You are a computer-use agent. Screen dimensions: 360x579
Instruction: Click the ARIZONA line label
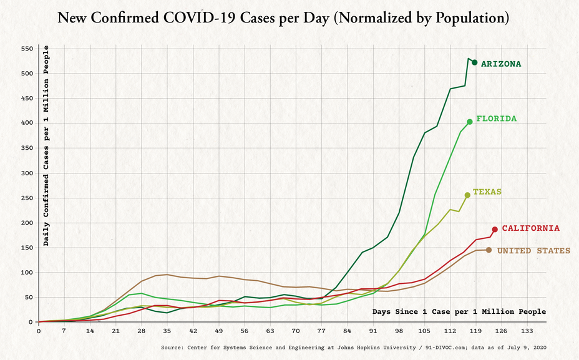click(x=500, y=64)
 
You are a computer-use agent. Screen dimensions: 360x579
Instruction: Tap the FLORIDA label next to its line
click(x=496, y=118)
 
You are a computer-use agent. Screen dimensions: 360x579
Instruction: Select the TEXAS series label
click(x=487, y=192)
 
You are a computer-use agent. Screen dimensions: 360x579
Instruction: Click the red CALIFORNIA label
click(x=530, y=228)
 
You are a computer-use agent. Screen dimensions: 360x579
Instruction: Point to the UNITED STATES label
click(x=533, y=251)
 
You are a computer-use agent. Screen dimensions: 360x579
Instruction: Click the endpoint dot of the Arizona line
click(x=475, y=62)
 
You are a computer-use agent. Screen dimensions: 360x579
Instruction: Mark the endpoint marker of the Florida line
click(x=470, y=122)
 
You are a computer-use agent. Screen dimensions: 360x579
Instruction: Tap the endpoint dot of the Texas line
click(x=467, y=195)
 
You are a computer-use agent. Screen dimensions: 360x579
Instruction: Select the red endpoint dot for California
click(x=495, y=230)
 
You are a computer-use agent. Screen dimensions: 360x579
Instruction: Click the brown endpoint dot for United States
click(x=489, y=250)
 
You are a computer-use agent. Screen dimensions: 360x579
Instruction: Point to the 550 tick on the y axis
click(x=27, y=49)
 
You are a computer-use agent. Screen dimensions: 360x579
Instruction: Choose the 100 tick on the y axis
click(x=27, y=273)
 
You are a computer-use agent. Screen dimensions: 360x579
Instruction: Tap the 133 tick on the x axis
click(x=527, y=331)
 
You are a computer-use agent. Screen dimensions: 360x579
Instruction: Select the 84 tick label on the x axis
click(x=348, y=331)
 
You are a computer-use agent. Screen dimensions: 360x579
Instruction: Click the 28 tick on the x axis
click(x=142, y=331)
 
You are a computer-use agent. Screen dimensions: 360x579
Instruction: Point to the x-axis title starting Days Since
click(x=459, y=311)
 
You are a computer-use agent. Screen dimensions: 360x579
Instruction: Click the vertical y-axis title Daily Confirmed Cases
click(x=46, y=145)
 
